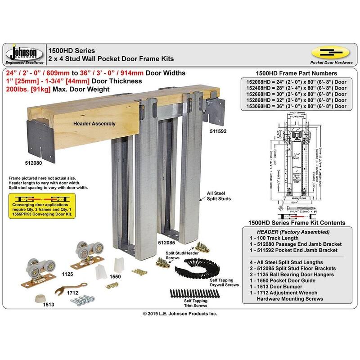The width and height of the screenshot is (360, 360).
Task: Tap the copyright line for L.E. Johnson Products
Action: [180, 313]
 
